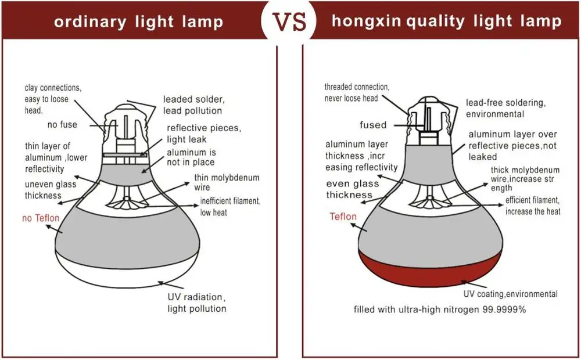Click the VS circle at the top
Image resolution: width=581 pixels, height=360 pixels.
tap(290, 22)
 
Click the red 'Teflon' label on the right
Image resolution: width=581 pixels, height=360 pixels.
tap(343, 217)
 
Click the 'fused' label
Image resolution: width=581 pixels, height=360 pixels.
tap(372, 125)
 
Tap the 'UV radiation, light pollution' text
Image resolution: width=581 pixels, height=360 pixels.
tap(196, 303)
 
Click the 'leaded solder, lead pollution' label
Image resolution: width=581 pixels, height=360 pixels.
tap(192, 105)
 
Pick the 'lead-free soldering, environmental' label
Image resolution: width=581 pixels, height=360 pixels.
tap(505, 109)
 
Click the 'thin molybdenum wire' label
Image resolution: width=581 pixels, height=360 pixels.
tap(226, 182)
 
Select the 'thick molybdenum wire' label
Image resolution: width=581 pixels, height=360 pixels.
tap(525, 179)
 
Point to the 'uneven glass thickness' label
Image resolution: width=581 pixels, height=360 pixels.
tap(51, 190)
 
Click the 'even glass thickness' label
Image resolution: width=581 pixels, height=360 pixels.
tap(352, 189)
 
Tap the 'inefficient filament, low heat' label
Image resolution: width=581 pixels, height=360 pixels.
tap(230, 207)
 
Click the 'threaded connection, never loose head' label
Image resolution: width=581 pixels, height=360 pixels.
tap(357, 92)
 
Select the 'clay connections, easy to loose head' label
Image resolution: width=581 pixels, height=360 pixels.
tap(52, 99)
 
